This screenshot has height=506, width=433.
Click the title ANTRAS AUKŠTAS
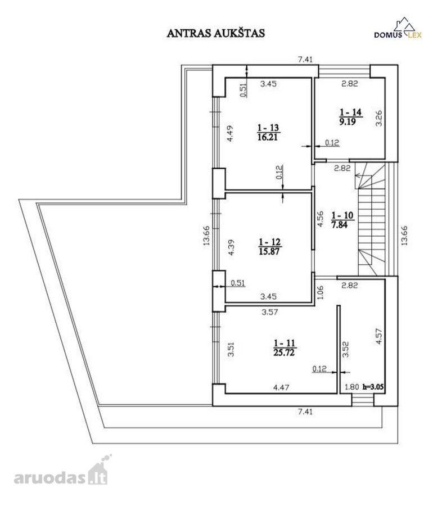215,33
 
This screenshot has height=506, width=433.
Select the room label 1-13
268,128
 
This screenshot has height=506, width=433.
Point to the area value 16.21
268,137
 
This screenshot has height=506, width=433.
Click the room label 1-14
350,112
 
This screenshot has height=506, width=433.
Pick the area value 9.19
347,121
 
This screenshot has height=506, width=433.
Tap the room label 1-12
269,242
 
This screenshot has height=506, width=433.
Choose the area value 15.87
269,251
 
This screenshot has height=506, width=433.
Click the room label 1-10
342,215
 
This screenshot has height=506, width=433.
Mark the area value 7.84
340,224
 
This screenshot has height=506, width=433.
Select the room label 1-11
284,343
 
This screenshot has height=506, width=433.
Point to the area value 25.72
284,353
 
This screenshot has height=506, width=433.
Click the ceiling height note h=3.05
373,387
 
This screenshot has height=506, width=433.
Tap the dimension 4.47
281,387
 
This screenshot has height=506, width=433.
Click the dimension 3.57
270,312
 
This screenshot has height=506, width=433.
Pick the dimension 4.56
320,219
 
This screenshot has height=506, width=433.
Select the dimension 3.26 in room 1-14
379,119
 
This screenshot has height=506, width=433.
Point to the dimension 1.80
351,387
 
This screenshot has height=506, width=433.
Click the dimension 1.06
320,293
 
